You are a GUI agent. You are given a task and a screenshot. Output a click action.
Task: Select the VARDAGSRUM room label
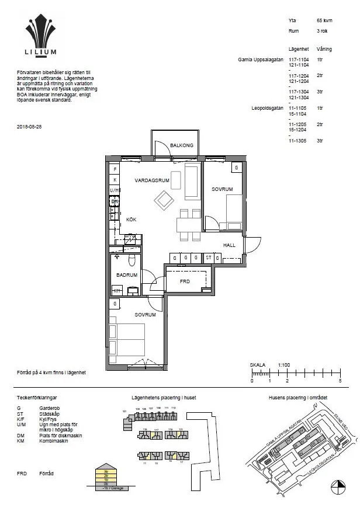[x=152, y=180]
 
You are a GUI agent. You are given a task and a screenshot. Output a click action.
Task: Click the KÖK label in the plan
[x=130, y=219]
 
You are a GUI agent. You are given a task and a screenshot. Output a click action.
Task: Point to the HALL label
[x=229, y=245]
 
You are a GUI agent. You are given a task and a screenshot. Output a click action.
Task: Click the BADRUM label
[x=126, y=275]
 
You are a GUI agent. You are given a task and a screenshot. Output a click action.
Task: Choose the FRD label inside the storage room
[x=185, y=281]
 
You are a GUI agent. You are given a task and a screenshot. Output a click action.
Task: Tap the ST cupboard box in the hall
[x=208, y=257]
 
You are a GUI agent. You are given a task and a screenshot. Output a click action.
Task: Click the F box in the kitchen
[x=115, y=169]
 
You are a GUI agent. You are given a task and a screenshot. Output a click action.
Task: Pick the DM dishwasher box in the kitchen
[x=115, y=201]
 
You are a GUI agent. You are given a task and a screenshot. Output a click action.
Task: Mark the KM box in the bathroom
[x=117, y=290]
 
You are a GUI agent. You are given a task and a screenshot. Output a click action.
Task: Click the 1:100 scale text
[x=285, y=364]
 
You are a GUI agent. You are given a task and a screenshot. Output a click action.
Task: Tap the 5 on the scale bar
[x=340, y=381]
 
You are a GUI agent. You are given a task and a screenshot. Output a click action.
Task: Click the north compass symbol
[x=337, y=484]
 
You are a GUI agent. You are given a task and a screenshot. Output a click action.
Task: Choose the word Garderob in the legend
[x=49, y=409]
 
